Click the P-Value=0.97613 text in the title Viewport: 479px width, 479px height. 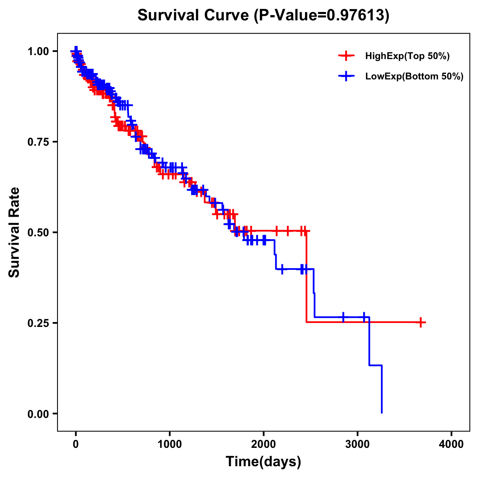click(323, 15)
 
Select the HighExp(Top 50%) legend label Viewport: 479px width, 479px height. click(408, 56)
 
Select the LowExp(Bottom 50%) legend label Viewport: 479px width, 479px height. click(414, 76)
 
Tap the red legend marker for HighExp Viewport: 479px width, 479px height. click(346, 56)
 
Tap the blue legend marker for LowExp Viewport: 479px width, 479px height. click(346, 76)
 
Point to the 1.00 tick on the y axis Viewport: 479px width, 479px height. click(38, 51)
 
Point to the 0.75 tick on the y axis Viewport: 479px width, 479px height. click(38, 142)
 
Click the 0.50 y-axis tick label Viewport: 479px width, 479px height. click(38, 232)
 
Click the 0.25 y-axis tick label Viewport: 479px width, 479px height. click(38, 323)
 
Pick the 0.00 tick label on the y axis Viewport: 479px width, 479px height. click(38, 414)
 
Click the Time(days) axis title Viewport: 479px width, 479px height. click(263, 462)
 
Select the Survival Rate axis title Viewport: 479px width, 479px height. click(14, 232)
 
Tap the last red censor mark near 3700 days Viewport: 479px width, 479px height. click(421, 323)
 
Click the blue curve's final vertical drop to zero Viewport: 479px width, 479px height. click(382, 389)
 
